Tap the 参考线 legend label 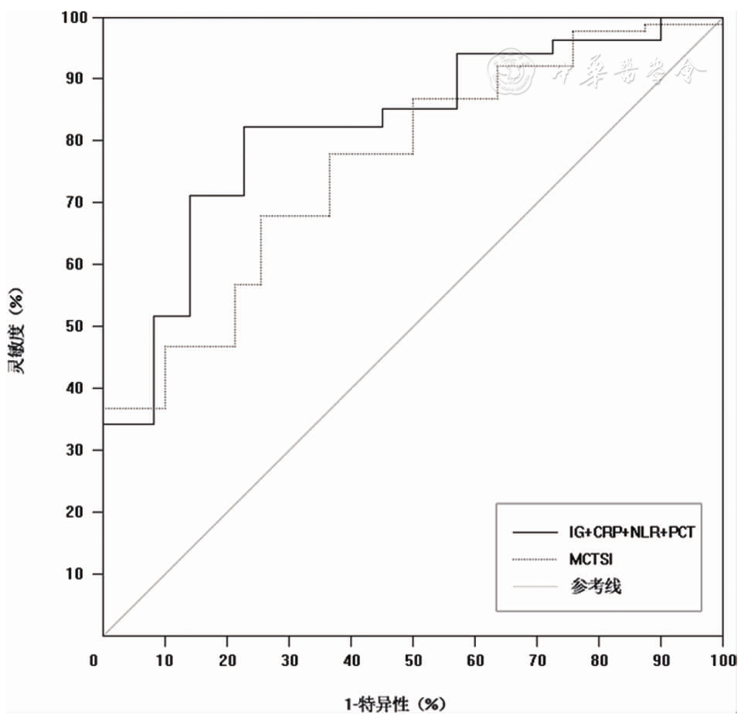click(596, 587)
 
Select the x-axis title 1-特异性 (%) click(395, 704)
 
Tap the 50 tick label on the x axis click(413, 660)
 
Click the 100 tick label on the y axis click(76, 17)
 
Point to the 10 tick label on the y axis click(80, 574)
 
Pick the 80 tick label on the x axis click(599, 660)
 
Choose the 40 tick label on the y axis click(80, 388)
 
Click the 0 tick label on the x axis click(94, 660)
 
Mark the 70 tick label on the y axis click(80, 202)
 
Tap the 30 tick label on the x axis click(289, 660)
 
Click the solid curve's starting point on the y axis click(104, 424)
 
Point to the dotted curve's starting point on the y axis click(104, 408)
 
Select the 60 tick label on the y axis click(80, 264)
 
